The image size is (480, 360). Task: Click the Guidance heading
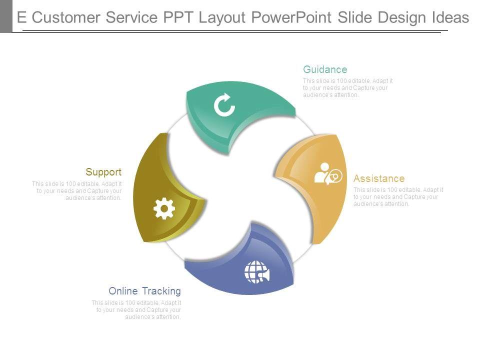(325, 69)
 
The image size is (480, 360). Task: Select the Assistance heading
(379, 178)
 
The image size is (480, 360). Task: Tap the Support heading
(103, 172)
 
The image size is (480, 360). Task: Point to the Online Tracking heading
(144, 291)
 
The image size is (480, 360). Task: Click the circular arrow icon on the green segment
(224, 105)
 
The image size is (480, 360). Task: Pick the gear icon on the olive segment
(164, 208)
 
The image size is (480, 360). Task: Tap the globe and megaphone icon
(256, 271)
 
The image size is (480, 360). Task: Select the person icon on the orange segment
(327, 173)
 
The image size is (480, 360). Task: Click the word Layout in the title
(222, 18)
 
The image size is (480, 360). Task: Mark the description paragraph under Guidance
(348, 88)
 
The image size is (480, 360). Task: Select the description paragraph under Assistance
(398, 197)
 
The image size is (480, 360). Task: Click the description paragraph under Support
(77, 191)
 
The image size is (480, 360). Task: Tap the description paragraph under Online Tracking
(136, 310)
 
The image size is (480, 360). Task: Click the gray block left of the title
(6, 16)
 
